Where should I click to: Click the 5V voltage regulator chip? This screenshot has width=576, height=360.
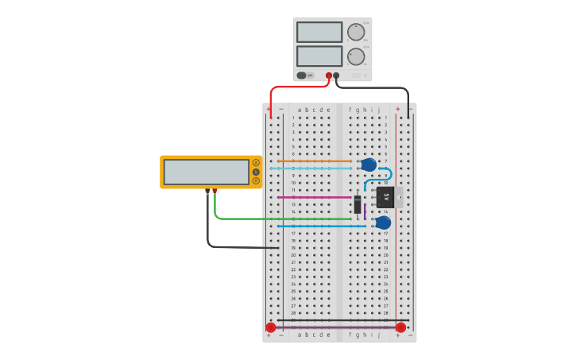pyautogui.click(x=385, y=196)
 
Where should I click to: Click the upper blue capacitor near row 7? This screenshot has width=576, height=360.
pyautogui.click(x=369, y=165)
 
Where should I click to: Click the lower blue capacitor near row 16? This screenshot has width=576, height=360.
pyautogui.click(x=383, y=223)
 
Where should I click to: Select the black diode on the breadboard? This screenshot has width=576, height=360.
pyautogui.click(x=358, y=204)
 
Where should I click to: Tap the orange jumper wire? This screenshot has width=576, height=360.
pyautogui.click(x=302, y=161)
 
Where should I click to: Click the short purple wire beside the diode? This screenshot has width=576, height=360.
pyautogui.click(x=365, y=211)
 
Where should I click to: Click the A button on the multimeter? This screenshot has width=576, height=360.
pyautogui.click(x=256, y=162)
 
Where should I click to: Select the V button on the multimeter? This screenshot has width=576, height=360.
pyautogui.click(x=256, y=172)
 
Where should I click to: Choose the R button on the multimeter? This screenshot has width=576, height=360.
pyautogui.click(x=256, y=181)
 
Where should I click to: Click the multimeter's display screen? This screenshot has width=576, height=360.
pyautogui.click(x=207, y=172)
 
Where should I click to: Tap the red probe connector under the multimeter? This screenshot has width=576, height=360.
pyautogui.click(x=215, y=191)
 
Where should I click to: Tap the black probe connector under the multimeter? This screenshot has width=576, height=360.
pyautogui.click(x=207, y=191)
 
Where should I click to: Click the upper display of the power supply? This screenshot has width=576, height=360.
pyautogui.click(x=319, y=32)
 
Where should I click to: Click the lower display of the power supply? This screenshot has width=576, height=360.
pyautogui.click(x=319, y=56)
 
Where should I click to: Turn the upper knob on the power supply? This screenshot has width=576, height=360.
pyautogui.click(x=356, y=33)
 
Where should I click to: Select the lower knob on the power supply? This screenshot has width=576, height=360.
pyautogui.click(x=356, y=56)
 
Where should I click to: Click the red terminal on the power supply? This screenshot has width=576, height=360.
pyautogui.click(x=329, y=75)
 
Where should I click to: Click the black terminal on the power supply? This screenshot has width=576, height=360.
pyautogui.click(x=336, y=75)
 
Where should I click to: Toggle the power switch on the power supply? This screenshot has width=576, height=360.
pyautogui.click(x=302, y=75)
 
